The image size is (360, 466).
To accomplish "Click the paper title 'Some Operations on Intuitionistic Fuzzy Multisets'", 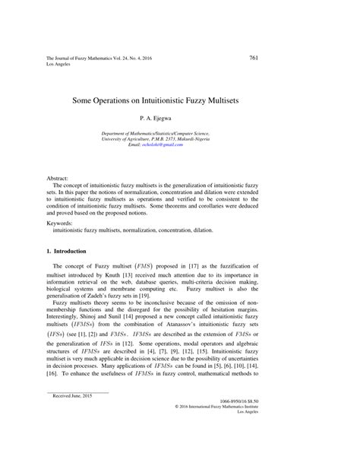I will (179, 99).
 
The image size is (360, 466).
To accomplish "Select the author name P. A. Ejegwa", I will (179, 119).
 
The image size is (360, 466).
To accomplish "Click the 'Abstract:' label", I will (59, 176).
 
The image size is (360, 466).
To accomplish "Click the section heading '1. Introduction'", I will (70, 251).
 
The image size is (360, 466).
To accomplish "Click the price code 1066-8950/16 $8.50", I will (289, 421).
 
